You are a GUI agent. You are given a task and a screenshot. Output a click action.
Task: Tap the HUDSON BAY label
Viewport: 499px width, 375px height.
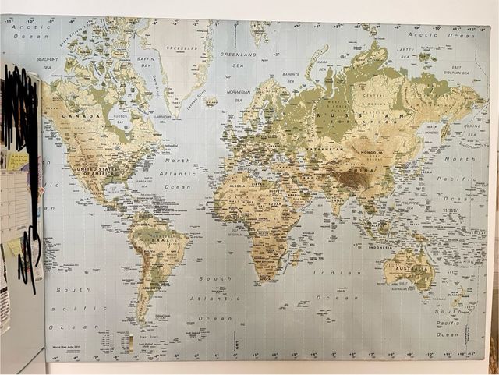pyautogui.click(x=119, y=119)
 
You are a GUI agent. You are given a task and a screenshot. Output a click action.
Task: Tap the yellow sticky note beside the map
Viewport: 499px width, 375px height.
pyautogui.click(x=14, y=248)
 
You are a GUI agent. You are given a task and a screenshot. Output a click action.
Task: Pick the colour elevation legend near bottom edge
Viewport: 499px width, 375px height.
pyautogui.click(x=131, y=344)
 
